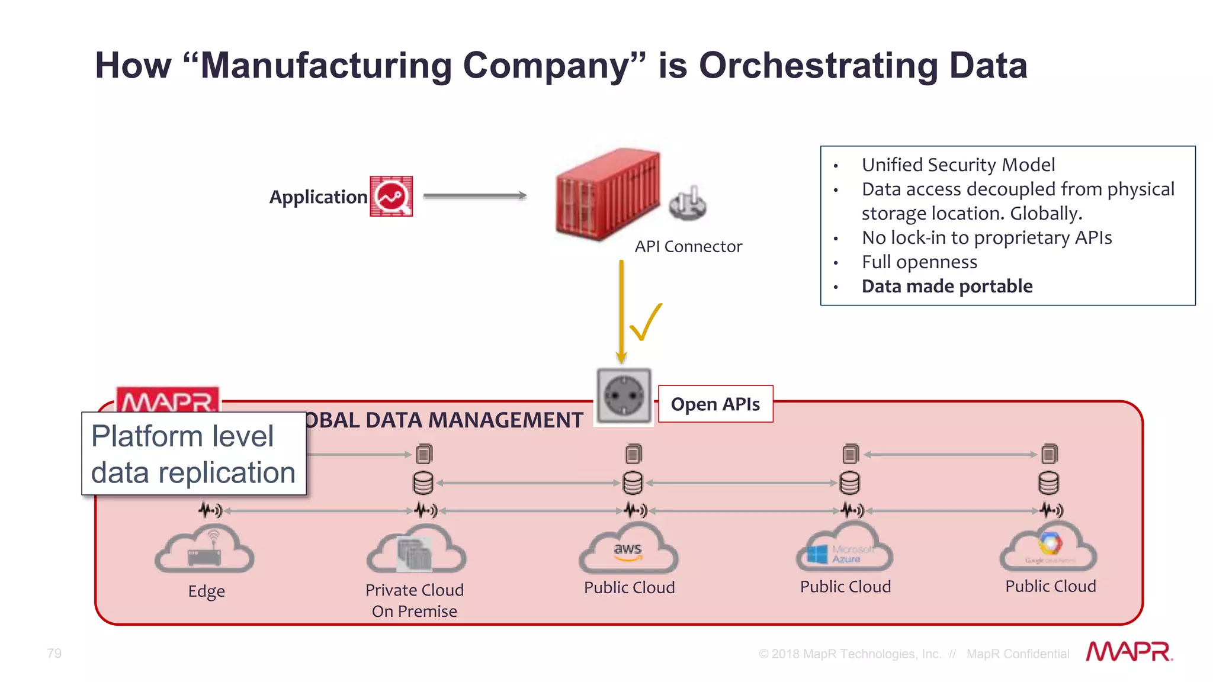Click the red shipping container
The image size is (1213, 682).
click(606, 195)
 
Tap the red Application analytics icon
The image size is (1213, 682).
click(391, 196)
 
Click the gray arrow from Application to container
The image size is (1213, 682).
click(474, 195)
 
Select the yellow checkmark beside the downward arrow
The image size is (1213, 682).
click(646, 322)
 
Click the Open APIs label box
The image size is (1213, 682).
click(715, 404)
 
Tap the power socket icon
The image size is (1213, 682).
click(624, 395)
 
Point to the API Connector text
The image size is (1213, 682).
click(688, 246)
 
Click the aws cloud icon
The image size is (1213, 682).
click(628, 550)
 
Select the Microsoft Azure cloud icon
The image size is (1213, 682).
click(845, 550)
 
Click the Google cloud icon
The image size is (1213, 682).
click(1049, 548)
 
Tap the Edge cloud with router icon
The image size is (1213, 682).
click(205, 551)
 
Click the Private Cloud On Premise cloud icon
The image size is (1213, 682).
click(416, 551)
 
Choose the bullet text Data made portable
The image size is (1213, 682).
click(946, 287)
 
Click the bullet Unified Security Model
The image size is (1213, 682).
click(958, 165)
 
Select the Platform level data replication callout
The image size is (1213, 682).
click(194, 454)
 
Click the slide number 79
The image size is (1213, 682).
click(54, 653)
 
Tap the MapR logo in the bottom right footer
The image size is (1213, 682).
click(1129, 652)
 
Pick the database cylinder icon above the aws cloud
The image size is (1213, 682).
click(633, 482)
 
